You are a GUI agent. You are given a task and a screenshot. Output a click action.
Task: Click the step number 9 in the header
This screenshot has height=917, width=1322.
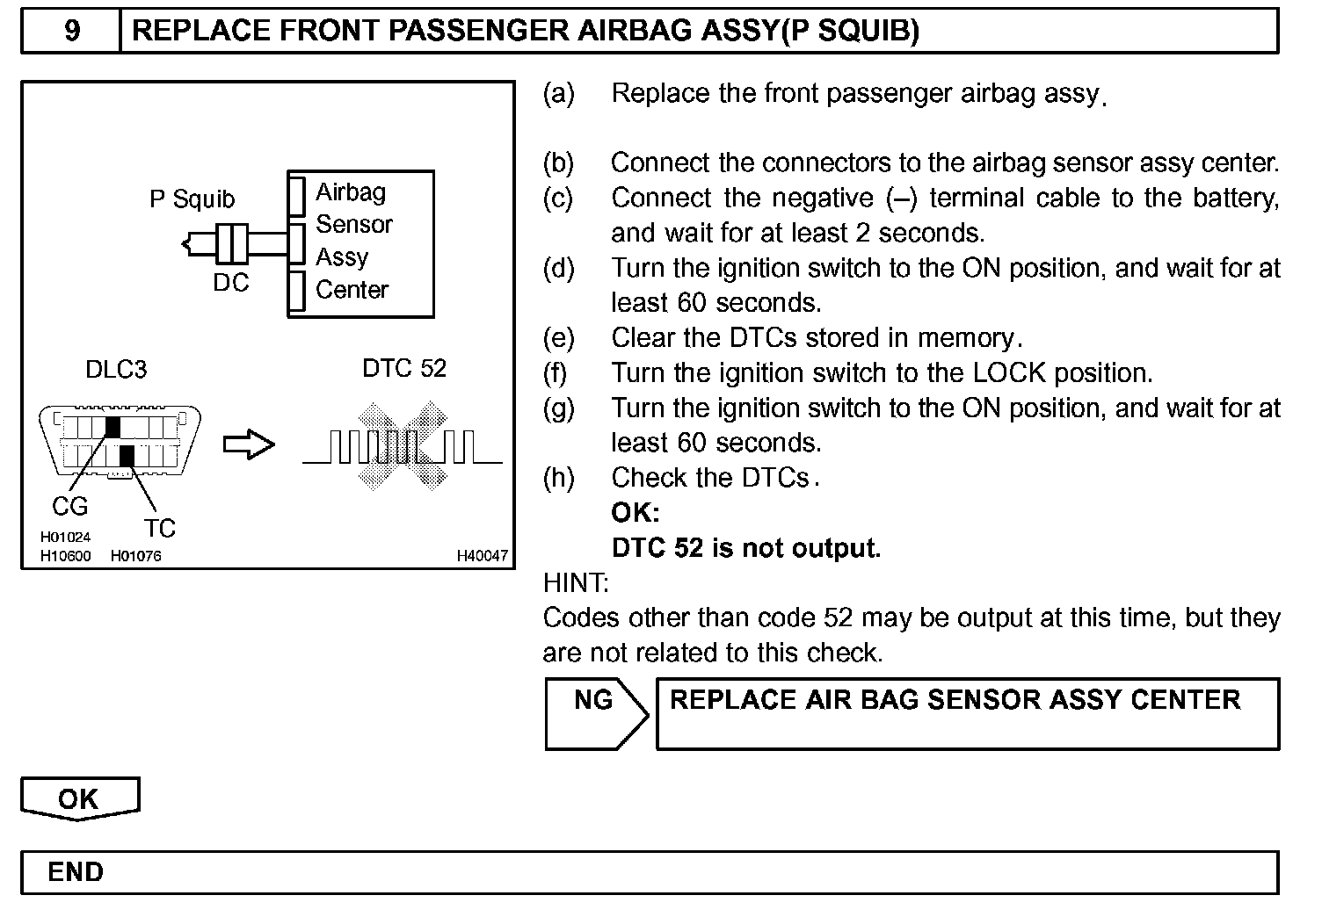point(72,32)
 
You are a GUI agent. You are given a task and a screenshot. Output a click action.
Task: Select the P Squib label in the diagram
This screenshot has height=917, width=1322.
point(192,199)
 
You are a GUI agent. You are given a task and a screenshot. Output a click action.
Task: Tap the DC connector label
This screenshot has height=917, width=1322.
point(230,283)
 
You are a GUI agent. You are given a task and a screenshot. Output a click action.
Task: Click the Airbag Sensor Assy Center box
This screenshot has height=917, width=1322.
point(360,242)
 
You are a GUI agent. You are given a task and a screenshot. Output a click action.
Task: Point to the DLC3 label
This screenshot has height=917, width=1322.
point(115,370)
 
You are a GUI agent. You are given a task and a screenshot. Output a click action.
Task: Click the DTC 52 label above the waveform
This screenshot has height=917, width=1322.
point(404,368)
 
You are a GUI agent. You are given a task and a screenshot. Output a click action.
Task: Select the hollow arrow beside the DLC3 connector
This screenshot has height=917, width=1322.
point(249,445)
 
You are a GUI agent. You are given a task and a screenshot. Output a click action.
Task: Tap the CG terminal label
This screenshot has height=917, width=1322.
point(69,507)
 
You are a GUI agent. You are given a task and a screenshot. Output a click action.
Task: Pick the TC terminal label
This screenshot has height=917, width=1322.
point(159,528)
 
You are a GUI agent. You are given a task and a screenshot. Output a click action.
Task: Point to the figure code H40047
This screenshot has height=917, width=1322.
point(482,556)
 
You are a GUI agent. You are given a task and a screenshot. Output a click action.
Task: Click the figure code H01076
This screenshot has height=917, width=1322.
point(135,556)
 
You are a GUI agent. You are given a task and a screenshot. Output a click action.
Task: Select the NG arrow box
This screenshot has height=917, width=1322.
point(596,712)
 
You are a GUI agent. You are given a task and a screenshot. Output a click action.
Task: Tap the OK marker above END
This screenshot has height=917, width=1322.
point(79,798)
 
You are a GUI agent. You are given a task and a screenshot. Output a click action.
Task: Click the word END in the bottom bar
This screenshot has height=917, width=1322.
point(76,872)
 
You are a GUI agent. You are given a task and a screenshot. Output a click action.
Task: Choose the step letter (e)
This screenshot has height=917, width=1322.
point(559,338)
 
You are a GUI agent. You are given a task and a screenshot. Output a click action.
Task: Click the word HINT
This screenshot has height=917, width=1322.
point(576,583)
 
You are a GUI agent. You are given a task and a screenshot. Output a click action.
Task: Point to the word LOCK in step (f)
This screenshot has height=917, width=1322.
point(1009,373)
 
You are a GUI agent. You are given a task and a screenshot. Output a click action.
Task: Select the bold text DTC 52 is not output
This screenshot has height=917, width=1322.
point(745,548)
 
